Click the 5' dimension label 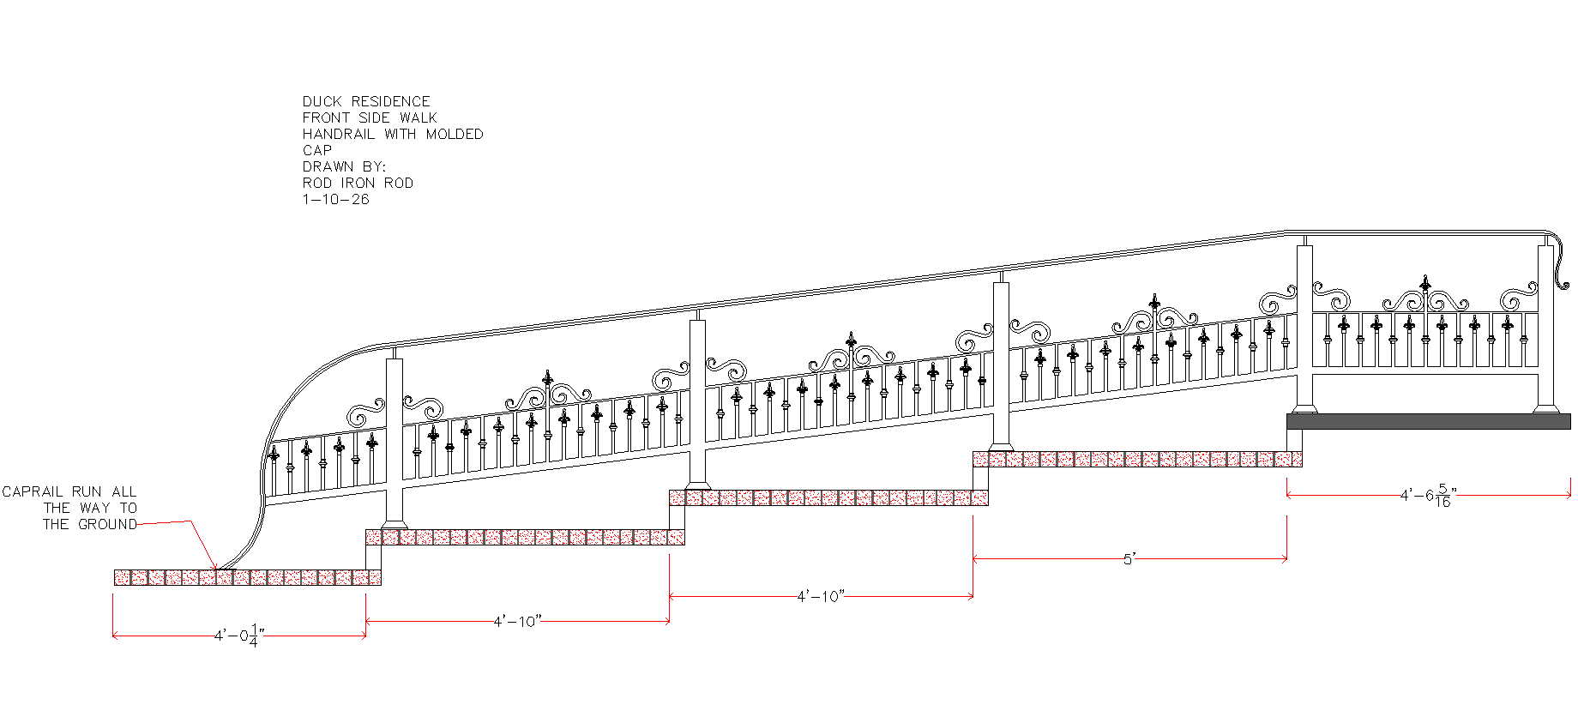tap(1129, 559)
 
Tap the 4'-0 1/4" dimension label tap(239, 636)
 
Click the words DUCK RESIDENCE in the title tap(366, 101)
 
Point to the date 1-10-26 tap(335, 199)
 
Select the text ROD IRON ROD tap(358, 183)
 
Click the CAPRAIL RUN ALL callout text tap(69, 491)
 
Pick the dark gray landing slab tap(1429, 421)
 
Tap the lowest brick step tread tap(248, 577)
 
